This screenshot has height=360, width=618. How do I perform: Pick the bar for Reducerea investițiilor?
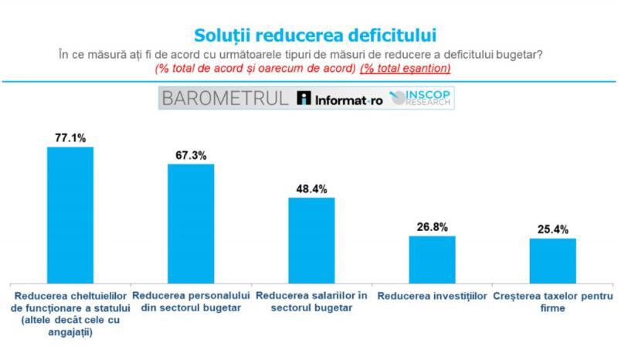click(x=432, y=259)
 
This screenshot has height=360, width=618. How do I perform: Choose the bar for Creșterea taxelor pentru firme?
click(x=552, y=260)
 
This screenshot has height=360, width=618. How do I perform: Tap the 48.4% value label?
click(x=311, y=188)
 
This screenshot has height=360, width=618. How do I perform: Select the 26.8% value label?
click(x=432, y=226)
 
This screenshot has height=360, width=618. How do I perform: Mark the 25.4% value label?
click(x=552, y=229)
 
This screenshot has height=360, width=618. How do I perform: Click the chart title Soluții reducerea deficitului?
click(x=310, y=35)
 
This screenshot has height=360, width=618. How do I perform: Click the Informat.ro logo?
click(x=340, y=99)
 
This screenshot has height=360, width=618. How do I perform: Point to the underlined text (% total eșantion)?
click(x=406, y=69)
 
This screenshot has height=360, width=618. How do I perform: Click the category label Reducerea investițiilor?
click(x=432, y=297)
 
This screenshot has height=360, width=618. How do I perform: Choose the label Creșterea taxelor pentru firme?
click(x=552, y=302)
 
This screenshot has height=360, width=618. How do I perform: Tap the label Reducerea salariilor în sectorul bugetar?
click(x=311, y=302)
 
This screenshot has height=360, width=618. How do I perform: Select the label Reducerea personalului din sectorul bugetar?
click(x=191, y=302)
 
